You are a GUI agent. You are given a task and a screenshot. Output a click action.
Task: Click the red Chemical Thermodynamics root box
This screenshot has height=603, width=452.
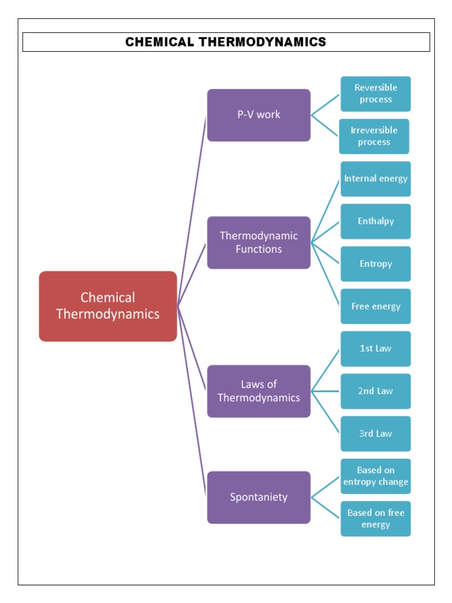108,306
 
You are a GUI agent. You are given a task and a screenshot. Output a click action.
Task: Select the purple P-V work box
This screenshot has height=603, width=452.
259,115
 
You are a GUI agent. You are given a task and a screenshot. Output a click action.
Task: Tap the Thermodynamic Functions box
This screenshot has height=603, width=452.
259,242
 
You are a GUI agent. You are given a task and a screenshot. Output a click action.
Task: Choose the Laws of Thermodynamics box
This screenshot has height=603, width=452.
259,391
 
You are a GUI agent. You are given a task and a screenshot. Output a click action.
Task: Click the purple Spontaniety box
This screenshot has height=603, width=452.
259,497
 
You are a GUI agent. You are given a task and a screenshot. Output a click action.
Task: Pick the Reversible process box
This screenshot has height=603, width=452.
375,94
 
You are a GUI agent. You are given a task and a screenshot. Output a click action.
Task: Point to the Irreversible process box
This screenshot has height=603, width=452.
374,137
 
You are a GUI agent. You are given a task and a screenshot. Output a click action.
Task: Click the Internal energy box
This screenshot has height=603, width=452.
375,179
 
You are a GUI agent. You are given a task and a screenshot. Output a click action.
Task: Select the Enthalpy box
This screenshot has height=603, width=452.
375,221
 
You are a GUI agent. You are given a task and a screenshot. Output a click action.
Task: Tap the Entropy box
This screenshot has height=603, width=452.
375,264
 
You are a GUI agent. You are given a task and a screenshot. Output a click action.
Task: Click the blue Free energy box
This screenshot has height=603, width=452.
375,306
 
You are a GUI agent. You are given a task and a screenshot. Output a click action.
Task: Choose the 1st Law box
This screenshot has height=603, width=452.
375,349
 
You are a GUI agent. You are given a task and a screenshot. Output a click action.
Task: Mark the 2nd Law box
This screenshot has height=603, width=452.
375,391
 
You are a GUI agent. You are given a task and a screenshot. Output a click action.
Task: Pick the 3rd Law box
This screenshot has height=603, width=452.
375,434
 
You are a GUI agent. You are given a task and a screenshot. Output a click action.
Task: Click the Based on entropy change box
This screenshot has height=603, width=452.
375,476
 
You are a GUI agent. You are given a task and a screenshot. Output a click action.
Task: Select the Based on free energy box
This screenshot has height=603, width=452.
375,519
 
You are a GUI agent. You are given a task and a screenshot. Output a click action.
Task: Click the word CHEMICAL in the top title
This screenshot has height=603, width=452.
159,42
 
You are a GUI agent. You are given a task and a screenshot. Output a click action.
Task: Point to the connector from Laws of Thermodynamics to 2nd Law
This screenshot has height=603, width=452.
325,391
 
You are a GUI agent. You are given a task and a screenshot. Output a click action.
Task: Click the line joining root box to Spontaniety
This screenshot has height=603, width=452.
191,400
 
